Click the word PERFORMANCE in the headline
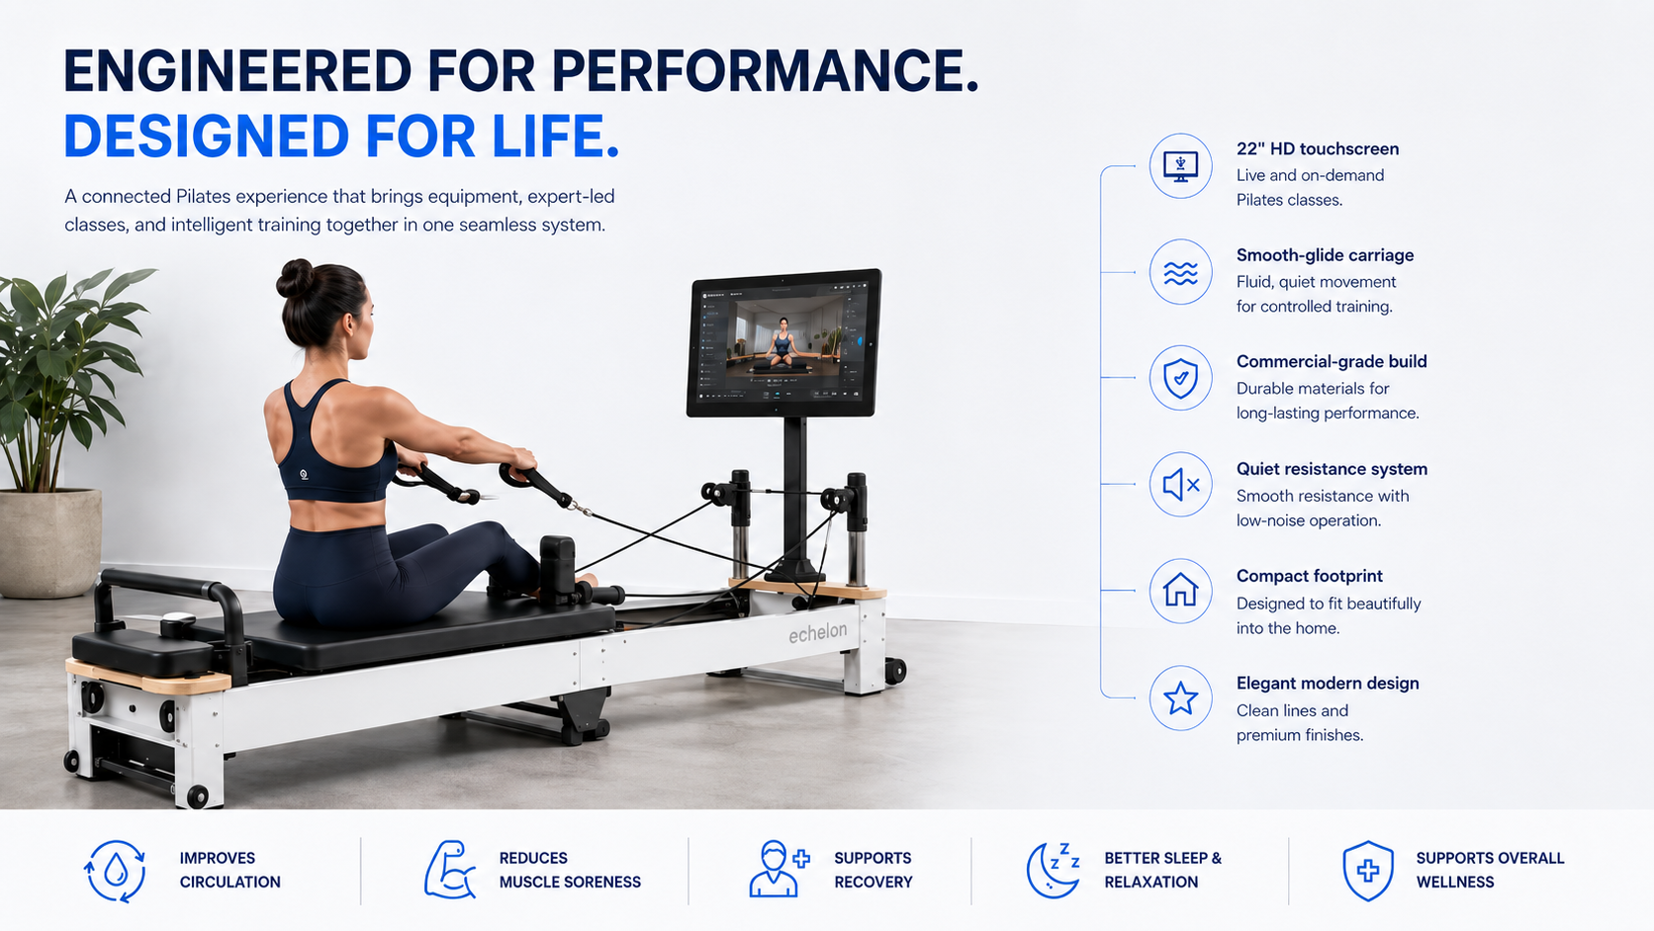[765, 71]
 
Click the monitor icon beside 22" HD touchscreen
[1180, 166]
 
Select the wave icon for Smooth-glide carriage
[1180, 272]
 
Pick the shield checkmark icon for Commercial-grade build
[1180, 379]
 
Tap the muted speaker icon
[1180, 485]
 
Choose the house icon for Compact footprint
[1180, 590]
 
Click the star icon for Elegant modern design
[1180, 698]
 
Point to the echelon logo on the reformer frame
[817, 633]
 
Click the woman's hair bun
[295, 278]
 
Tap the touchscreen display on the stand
[783, 342]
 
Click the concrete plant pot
[48, 542]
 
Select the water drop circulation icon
[115, 872]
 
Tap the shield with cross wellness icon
[1367, 871]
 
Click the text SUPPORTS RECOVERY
[873, 870]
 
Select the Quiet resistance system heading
[1332, 469]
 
